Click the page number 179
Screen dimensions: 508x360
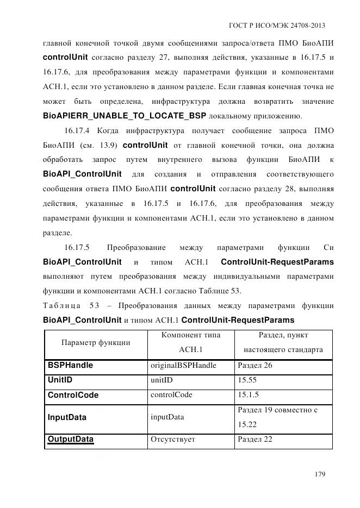(x=319, y=474)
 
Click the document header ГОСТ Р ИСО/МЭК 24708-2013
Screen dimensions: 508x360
(x=277, y=26)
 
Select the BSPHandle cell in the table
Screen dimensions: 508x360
(x=70, y=366)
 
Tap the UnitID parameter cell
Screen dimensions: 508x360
(x=60, y=380)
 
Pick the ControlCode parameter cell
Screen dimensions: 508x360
(x=73, y=395)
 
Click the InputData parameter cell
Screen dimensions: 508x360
(x=67, y=417)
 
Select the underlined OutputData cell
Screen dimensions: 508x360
(x=70, y=439)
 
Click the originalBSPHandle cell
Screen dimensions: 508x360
(x=183, y=366)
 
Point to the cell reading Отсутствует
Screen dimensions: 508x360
(x=172, y=439)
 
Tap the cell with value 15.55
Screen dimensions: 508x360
(x=247, y=380)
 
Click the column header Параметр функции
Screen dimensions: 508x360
(x=96, y=342)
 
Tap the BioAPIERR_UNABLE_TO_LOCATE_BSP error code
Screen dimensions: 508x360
(x=125, y=116)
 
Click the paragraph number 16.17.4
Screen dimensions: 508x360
(x=79, y=130)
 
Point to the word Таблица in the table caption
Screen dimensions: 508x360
(x=61, y=305)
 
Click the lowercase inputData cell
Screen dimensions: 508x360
(x=167, y=417)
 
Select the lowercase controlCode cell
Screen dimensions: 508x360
(x=171, y=395)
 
